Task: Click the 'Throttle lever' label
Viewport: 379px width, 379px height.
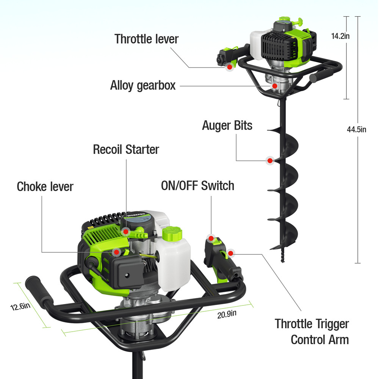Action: point(146,39)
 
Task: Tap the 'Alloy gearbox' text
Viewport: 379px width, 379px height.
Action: point(143,85)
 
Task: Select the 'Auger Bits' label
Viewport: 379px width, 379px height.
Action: point(227,125)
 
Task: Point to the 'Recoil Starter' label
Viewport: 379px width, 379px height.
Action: point(126,149)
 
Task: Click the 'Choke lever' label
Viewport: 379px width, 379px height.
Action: point(45,186)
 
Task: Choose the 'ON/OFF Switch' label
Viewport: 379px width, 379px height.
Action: point(197,186)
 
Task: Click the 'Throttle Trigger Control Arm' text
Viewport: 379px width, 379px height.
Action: point(312,332)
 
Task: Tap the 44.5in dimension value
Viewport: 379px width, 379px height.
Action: point(357,129)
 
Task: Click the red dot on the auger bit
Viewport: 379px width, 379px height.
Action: point(270,160)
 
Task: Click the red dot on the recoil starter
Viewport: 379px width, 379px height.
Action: point(125,231)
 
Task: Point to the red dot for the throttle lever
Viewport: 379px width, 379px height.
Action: point(229,67)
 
